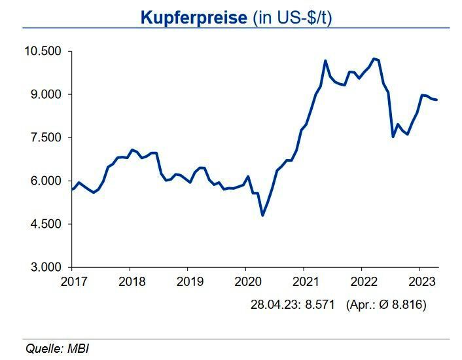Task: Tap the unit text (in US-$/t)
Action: pyautogui.click(x=291, y=18)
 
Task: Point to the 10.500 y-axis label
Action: pyautogui.click(x=43, y=51)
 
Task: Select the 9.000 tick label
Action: pyautogui.click(x=46, y=94)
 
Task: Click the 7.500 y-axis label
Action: pyautogui.click(x=46, y=137)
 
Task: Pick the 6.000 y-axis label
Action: pyautogui.click(x=46, y=181)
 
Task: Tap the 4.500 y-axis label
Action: pyautogui.click(x=46, y=224)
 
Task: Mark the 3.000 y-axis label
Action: pyautogui.click(x=46, y=267)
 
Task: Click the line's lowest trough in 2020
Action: pyautogui.click(x=262, y=215)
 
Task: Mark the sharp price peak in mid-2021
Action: pyautogui.click(x=325, y=61)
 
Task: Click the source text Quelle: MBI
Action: pyautogui.click(x=57, y=348)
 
